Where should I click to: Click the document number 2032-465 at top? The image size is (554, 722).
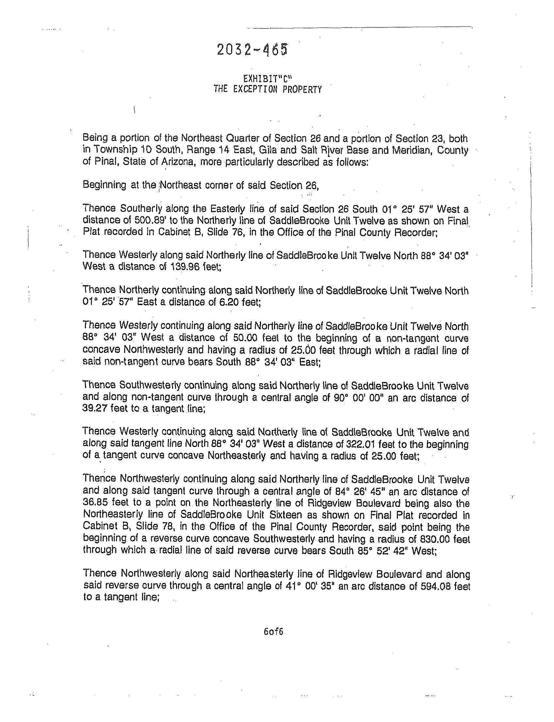coord(252,50)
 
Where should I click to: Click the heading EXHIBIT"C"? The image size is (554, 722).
coord(268,78)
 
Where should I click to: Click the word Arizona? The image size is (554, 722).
coord(177,162)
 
